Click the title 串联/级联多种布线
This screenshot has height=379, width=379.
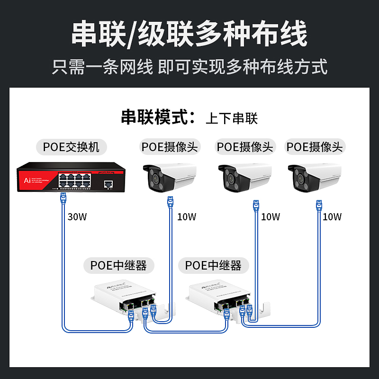tap(189, 35)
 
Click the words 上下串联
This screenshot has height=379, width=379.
tap(232, 118)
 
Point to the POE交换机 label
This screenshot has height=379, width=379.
tap(71, 146)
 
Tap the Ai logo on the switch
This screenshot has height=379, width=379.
tap(27, 180)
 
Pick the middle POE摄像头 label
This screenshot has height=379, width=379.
tap(245, 146)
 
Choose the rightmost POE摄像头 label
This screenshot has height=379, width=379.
tap(315, 146)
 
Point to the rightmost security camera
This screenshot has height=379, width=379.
tap(315, 178)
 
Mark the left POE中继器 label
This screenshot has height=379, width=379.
tap(118, 265)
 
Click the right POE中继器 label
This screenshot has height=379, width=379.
tap(213, 265)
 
